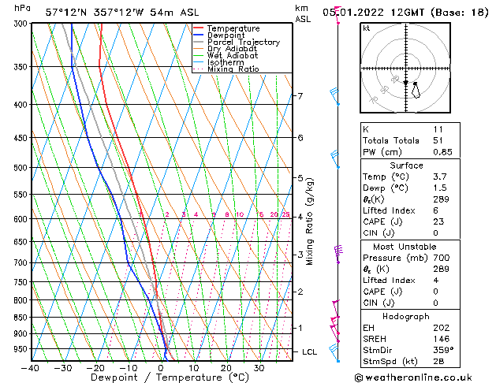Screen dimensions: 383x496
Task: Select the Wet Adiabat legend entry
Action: pos(229,56)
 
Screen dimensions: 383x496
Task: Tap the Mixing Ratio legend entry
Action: pos(233,69)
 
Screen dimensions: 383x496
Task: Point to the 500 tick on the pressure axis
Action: pos(17,168)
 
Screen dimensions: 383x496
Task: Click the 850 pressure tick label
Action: pos(17,318)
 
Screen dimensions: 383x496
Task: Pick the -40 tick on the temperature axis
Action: pos(32,368)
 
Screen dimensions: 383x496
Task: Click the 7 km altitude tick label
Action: pos(300,96)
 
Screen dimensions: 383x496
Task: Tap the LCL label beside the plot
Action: pos(310,351)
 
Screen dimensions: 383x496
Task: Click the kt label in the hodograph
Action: pos(367,28)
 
